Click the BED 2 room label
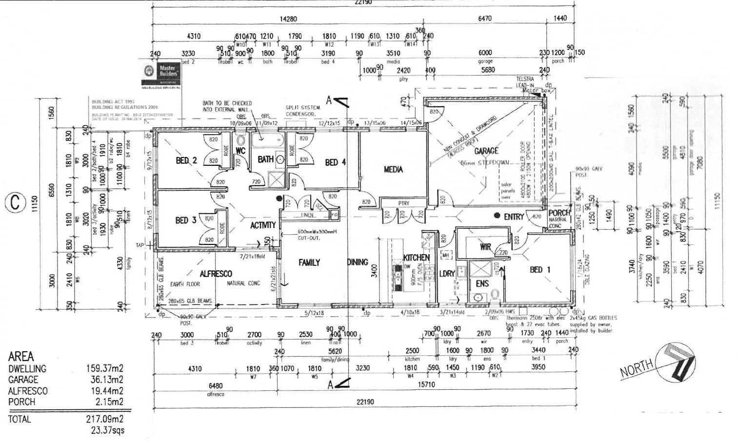tap(186, 161)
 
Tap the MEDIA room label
tap(393, 169)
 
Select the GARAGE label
tap(486, 151)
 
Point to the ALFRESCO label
tap(216, 274)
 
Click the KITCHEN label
tap(416, 257)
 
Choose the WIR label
tap(485, 247)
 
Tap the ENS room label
tap(482, 283)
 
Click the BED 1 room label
tap(540, 270)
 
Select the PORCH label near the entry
tap(559, 213)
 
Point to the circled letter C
tap(15, 202)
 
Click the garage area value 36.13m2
tap(104, 380)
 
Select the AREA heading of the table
tap(21, 357)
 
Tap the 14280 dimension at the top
tap(288, 19)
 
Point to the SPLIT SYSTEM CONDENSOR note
tap(303, 110)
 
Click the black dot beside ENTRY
tap(497, 216)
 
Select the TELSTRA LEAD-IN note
tap(525, 81)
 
